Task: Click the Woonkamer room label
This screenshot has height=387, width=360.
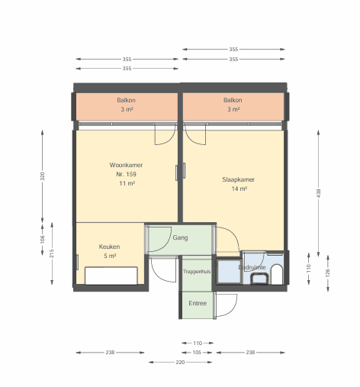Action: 126,165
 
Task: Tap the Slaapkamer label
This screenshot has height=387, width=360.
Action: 238,179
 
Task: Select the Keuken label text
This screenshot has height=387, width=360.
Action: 109,247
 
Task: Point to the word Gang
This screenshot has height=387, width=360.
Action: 180,237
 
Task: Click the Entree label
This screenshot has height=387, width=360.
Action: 198,303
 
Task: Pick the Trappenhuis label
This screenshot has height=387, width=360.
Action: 197,272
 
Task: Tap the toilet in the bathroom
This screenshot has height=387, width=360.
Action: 277,275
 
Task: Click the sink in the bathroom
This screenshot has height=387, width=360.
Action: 259,279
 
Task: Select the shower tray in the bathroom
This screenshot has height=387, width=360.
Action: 229,271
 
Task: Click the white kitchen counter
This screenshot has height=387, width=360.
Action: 111,276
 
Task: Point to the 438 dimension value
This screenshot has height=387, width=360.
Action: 319,193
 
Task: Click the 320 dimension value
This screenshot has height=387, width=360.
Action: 43,176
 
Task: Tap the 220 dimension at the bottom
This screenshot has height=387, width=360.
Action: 180,362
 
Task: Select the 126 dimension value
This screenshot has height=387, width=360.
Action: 328,273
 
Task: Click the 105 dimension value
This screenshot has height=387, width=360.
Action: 197,353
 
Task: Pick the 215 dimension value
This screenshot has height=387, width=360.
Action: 52,253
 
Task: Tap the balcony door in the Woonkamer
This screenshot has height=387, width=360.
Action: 166,134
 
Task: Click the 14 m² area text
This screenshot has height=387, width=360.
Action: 239,189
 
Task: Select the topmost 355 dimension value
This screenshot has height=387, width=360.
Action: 233,49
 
